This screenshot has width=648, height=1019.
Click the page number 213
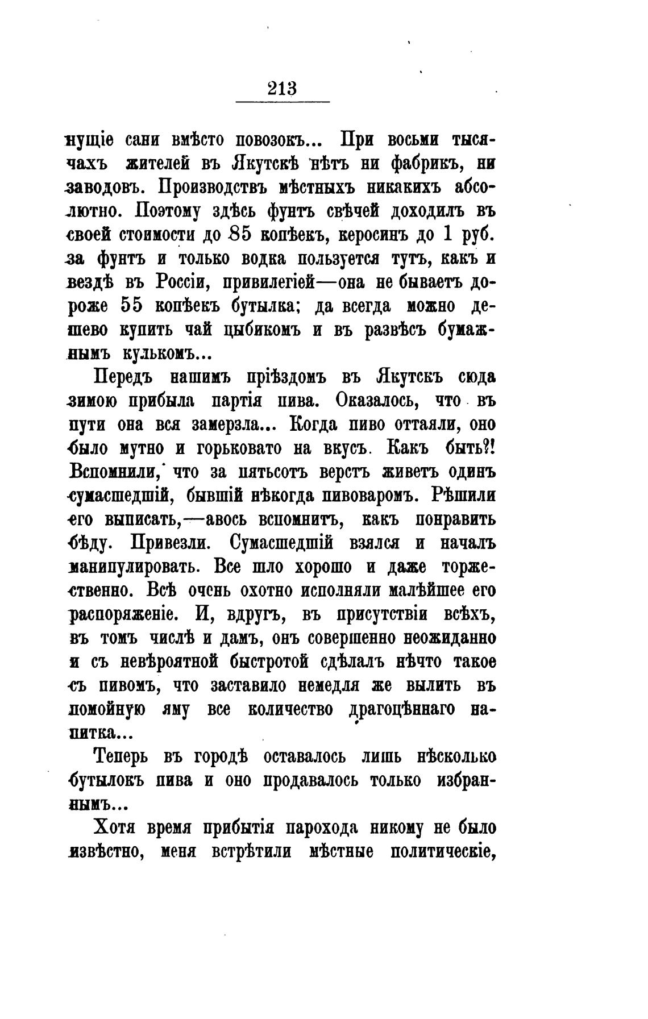(282, 89)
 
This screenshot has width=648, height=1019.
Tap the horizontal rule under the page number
(283, 102)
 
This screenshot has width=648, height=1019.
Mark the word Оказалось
(376, 401)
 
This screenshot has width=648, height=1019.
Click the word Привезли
(171, 542)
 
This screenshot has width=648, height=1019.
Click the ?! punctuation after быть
(487, 447)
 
